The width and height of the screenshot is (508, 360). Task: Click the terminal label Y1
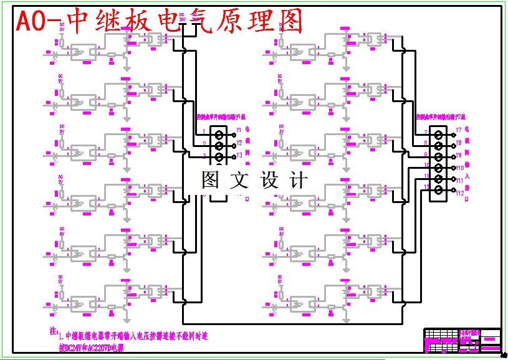point(238,131)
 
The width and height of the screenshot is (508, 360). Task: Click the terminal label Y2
point(238,143)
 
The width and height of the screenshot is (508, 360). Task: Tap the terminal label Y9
point(459,154)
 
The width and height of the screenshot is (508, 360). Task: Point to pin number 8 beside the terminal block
point(426,143)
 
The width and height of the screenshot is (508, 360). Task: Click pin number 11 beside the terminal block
point(426,177)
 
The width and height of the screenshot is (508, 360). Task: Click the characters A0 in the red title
point(31,22)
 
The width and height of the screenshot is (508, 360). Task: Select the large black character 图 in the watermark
point(209,180)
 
